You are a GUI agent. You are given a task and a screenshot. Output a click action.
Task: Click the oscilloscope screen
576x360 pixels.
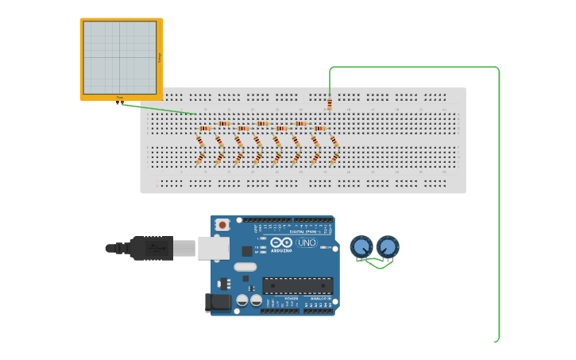point(120,57)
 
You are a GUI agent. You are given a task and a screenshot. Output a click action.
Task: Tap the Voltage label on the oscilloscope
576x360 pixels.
point(159,57)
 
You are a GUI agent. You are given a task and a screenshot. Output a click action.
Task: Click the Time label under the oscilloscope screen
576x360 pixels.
point(120,97)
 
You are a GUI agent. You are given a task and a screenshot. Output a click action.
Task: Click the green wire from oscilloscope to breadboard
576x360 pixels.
point(159,108)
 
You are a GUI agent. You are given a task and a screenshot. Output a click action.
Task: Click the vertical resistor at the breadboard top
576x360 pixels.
point(330,103)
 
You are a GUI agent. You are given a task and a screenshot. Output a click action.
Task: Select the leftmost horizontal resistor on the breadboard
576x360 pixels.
point(205,128)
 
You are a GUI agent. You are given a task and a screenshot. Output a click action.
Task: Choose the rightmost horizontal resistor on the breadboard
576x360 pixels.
point(319,128)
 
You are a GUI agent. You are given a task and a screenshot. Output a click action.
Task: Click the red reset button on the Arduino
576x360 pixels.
point(222,226)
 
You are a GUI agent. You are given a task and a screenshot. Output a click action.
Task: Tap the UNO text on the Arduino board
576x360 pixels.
point(307,242)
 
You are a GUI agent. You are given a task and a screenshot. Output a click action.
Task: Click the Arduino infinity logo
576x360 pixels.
point(281,242)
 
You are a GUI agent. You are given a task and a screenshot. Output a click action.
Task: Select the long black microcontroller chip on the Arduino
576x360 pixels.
point(298,285)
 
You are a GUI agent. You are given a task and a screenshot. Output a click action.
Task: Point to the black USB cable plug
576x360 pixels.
point(151,248)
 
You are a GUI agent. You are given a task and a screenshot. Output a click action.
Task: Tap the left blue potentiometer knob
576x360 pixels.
point(361,246)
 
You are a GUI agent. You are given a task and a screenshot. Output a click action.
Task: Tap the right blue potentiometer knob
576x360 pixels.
point(388,246)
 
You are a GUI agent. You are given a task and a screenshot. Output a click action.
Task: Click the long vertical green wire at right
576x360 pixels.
point(499,207)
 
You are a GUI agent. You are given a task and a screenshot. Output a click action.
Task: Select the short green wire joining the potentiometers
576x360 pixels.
point(375,265)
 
